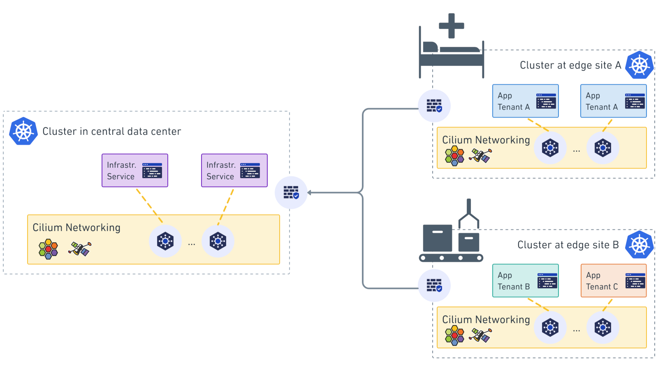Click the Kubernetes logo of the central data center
tap(23, 131)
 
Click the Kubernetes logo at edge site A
tap(639, 65)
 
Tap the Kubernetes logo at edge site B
tap(639, 245)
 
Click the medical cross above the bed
tap(452, 25)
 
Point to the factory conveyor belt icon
tap(451, 243)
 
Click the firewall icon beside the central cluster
tap(291, 192)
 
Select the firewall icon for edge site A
tap(434, 106)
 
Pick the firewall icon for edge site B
tap(434, 285)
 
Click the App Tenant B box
tap(526, 281)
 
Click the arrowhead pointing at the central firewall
tap(309, 192)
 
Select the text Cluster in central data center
tap(111, 132)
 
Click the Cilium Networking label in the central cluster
tap(76, 228)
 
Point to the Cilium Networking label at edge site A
tap(486, 140)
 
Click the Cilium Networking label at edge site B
tap(486, 320)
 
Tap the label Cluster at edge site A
tap(570, 65)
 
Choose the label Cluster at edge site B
tap(568, 245)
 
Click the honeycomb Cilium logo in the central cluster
tap(48, 249)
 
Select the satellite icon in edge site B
tap(481, 335)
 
